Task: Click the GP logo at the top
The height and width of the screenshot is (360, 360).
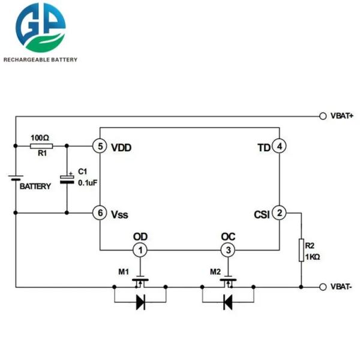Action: [x=41, y=28]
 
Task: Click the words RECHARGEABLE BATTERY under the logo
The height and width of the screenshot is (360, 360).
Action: [x=40, y=59]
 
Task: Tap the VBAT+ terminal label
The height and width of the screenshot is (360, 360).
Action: [x=342, y=115]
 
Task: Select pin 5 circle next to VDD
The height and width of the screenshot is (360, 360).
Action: [x=100, y=146]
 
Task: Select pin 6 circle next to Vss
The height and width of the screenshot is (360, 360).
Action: [x=100, y=213]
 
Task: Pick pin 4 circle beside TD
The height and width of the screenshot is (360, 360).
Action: [x=279, y=146]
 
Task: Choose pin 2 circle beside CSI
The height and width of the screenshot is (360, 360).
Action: [x=279, y=213]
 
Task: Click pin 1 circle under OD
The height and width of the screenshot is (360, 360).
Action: [x=139, y=250]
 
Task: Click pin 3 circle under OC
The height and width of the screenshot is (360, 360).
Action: [x=227, y=250]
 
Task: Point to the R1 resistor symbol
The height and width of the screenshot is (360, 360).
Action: [x=41, y=146]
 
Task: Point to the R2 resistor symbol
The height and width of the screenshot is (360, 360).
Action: [x=301, y=250]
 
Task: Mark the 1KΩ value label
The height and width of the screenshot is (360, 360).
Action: [x=313, y=257]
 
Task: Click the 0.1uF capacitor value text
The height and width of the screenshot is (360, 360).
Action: [x=88, y=183]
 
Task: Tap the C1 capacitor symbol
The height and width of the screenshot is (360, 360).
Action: [x=67, y=179]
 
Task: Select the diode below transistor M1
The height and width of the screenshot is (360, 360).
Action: [x=140, y=302]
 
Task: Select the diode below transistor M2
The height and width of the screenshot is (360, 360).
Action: [x=228, y=302]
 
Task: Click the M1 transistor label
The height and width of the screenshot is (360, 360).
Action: [x=123, y=272]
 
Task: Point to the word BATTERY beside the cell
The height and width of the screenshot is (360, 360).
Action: [x=35, y=187]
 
